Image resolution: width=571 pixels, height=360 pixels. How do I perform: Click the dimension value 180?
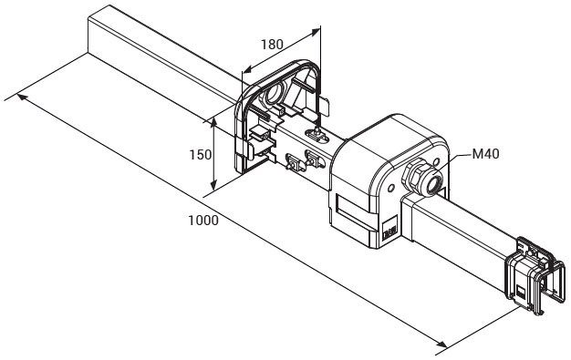(272, 45)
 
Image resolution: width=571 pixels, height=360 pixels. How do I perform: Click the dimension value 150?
(200, 155)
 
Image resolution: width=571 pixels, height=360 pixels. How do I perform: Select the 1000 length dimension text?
(203, 221)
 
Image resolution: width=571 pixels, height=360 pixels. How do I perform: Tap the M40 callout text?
(485, 154)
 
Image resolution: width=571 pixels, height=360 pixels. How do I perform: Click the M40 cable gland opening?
(433, 184)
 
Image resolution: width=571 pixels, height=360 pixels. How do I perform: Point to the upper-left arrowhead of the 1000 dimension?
(22, 97)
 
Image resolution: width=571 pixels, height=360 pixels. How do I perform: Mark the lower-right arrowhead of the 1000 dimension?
(441, 344)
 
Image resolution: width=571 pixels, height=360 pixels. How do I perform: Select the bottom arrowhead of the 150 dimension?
(213, 184)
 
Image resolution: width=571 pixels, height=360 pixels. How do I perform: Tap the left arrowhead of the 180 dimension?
(248, 68)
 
